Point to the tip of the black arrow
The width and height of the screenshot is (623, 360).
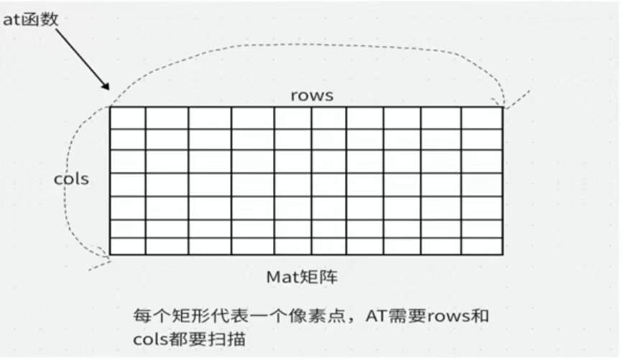(x=109, y=90)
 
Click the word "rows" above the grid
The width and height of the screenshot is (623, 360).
(x=312, y=96)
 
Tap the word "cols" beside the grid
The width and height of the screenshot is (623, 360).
(x=72, y=179)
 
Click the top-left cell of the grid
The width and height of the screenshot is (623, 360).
(x=128, y=118)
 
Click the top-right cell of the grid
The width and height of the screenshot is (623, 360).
(x=481, y=118)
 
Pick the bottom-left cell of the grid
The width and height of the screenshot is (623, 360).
(x=128, y=246)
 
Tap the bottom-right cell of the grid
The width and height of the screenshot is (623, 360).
(x=481, y=246)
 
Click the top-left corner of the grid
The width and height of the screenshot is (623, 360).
(x=110, y=108)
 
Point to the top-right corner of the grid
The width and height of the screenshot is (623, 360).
(x=502, y=108)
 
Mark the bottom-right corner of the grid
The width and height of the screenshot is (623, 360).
(x=502, y=254)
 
